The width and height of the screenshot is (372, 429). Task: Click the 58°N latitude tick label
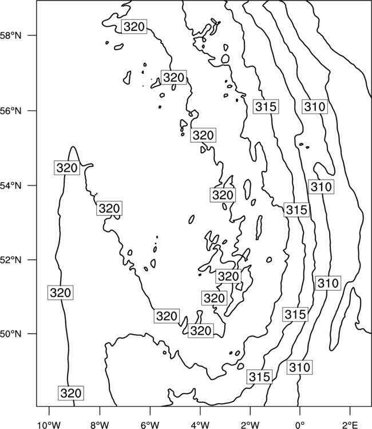click(11, 35)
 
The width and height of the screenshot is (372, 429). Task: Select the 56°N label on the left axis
click(11, 111)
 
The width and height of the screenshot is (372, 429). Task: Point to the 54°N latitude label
click(11, 186)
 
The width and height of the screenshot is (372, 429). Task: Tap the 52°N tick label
click(11, 260)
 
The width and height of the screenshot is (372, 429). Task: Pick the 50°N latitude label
click(11, 334)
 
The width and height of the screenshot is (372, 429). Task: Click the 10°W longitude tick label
click(49, 425)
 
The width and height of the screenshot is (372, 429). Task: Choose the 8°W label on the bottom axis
click(100, 425)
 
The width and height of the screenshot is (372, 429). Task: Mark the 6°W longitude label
click(150, 425)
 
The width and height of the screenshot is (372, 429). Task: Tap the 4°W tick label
click(200, 425)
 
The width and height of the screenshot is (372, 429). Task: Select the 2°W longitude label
click(250, 425)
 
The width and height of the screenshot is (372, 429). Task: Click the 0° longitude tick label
click(300, 425)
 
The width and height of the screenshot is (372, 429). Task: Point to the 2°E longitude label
click(350, 425)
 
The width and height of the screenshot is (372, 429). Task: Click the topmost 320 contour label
click(134, 26)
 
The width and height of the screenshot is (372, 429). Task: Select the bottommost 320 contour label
click(71, 393)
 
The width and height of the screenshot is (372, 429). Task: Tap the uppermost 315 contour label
click(266, 107)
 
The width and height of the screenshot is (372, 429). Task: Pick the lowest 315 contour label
click(259, 377)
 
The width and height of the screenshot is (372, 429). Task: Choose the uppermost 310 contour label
click(315, 106)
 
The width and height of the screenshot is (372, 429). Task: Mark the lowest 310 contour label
click(300, 367)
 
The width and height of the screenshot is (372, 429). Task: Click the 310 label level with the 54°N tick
click(322, 187)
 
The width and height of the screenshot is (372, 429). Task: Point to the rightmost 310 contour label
click(328, 283)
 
